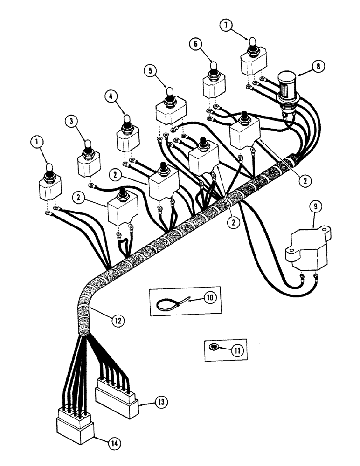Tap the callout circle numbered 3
click(71, 122)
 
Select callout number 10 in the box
click(209, 296)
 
